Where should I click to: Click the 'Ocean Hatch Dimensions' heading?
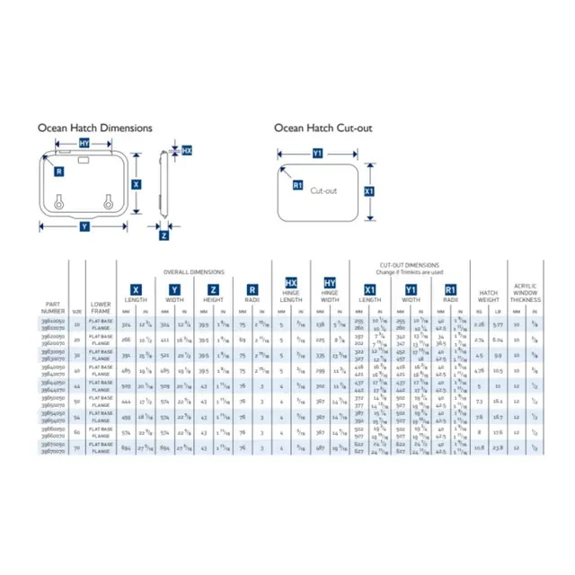click(x=94, y=128)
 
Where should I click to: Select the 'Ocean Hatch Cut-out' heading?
click(x=323, y=128)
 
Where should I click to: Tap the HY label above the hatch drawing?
click(x=84, y=144)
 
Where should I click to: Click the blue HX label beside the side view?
click(x=187, y=151)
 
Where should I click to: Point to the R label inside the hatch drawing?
click(x=58, y=171)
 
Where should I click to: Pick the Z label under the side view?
click(x=164, y=235)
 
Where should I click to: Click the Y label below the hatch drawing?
click(x=84, y=227)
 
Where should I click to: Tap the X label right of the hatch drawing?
click(x=136, y=183)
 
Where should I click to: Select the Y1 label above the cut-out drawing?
click(x=316, y=154)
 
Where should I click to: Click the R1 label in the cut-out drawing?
click(x=297, y=185)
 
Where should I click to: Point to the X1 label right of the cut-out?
click(x=369, y=191)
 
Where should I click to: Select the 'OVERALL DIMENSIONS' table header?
click(x=193, y=271)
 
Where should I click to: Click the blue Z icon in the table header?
click(x=213, y=289)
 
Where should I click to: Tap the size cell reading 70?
click(x=77, y=446)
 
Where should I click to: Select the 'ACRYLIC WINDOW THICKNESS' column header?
click(x=524, y=291)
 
